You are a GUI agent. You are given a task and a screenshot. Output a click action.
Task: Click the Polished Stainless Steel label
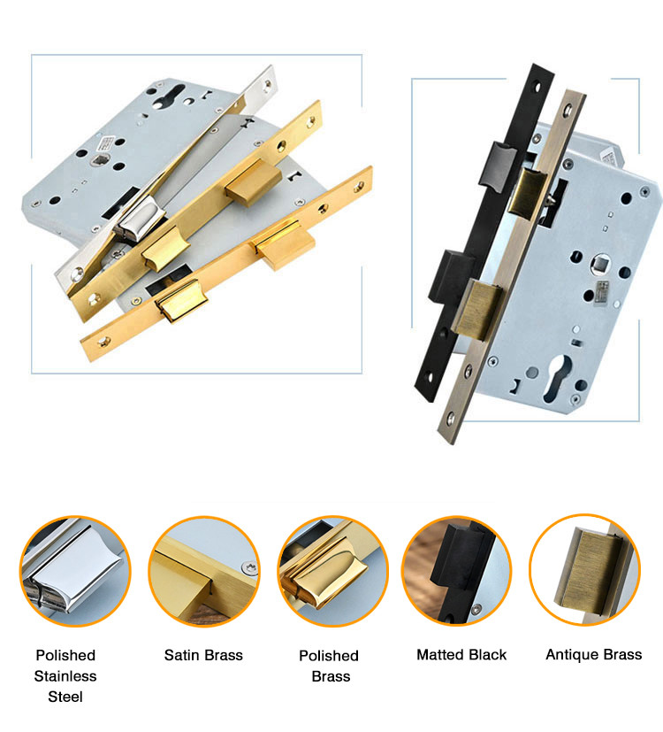(x=65, y=675)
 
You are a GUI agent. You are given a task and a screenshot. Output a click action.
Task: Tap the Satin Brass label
(x=203, y=655)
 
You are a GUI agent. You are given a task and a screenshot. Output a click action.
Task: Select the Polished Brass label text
(x=329, y=666)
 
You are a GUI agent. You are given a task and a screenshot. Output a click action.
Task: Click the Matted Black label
(x=461, y=654)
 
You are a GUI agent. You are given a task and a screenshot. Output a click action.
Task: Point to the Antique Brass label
(x=593, y=654)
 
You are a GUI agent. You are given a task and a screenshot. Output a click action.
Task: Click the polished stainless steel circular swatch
(x=75, y=571)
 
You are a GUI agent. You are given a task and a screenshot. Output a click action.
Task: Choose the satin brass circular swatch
(x=203, y=571)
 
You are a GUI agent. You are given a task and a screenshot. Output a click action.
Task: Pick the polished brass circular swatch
(x=333, y=571)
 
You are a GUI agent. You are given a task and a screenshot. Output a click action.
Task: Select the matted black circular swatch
(x=457, y=571)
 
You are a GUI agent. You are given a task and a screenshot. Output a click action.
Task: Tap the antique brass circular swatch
(x=584, y=569)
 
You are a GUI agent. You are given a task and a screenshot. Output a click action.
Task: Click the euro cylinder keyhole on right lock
(x=557, y=378)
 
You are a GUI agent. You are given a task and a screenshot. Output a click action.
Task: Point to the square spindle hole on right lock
(x=599, y=264)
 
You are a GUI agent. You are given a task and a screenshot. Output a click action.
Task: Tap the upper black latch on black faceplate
(x=498, y=166)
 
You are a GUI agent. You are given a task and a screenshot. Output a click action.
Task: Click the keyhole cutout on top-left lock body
(x=172, y=96)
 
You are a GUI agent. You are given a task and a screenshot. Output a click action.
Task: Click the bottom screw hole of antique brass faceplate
(x=451, y=419)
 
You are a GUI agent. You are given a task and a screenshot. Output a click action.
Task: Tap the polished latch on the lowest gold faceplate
(x=182, y=301)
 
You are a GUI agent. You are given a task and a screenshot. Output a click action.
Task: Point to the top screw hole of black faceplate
(x=537, y=87)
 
